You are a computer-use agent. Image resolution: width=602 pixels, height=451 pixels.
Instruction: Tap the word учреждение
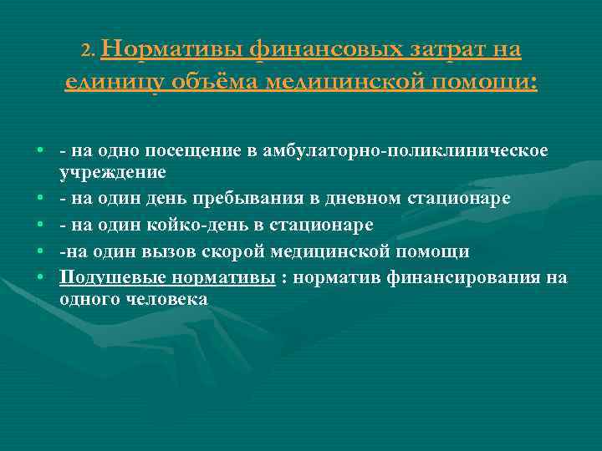(x=113, y=173)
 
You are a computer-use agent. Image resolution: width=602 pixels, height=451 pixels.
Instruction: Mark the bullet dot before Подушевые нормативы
(x=39, y=277)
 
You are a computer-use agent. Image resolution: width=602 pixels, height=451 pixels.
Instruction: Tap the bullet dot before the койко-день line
(x=39, y=225)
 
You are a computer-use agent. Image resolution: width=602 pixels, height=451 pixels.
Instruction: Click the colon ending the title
(x=533, y=82)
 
